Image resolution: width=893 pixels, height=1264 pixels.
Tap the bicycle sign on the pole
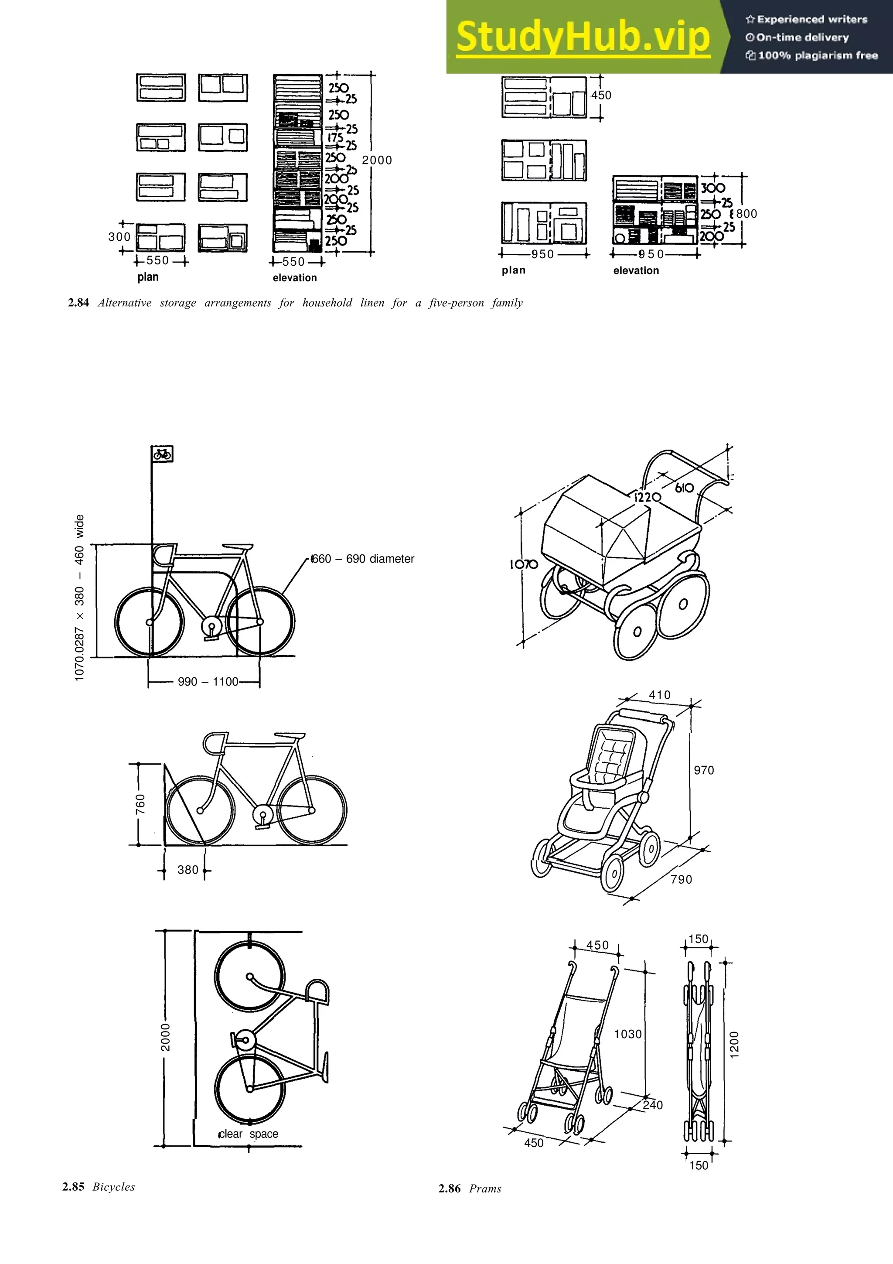point(162,454)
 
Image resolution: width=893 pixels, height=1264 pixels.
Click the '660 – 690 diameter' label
point(363,559)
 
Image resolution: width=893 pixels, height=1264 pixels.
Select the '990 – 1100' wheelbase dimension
point(208,682)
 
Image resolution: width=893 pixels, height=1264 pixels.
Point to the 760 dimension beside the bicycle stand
point(141,804)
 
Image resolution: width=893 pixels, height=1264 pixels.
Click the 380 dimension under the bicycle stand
point(187,870)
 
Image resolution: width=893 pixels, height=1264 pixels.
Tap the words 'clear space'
point(248,1134)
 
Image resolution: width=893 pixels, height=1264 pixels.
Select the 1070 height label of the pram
point(523,564)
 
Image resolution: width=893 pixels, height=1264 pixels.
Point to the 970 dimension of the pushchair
point(704,770)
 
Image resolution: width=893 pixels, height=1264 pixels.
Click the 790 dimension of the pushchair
point(681,880)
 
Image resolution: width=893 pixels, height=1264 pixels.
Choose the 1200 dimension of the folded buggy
point(734,1044)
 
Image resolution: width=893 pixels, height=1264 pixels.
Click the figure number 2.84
point(78,303)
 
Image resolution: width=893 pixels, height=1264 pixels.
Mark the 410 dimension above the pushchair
point(660,695)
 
